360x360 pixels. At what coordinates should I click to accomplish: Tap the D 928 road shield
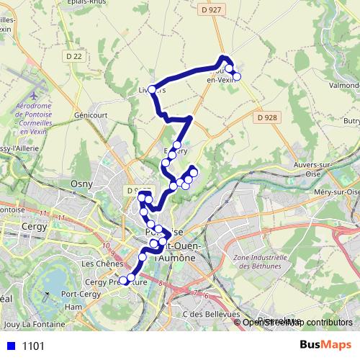pos(266,117)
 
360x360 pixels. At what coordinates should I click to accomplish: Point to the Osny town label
pos(79,184)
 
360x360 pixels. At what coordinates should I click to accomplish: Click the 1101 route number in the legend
pos(33,346)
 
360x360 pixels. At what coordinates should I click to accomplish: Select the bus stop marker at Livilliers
pos(152,89)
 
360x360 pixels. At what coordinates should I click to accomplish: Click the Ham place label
pos(73,306)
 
